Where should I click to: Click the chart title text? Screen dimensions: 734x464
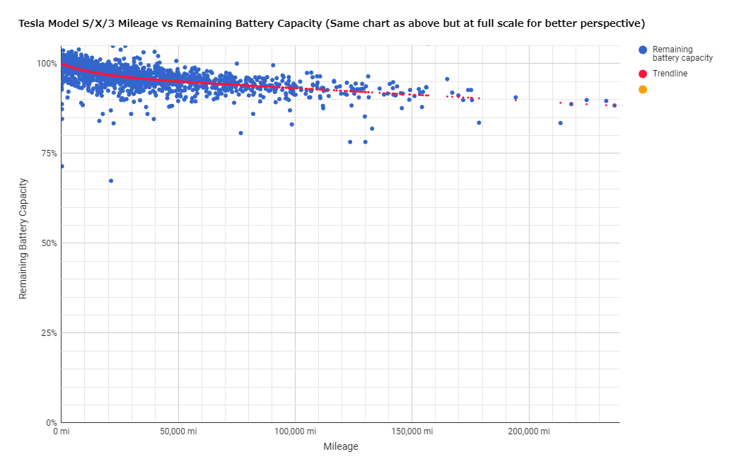click(x=332, y=23)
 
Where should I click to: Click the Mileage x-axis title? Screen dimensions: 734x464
click(x=341, y=447)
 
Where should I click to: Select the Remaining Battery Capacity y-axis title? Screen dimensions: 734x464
click(x=23, y=239)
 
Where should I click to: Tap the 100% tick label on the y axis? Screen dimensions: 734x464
click(x=47, y=64)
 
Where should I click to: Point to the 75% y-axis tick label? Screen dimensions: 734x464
click(x=49, y=153)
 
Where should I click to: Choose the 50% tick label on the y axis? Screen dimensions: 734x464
click(x=49, y=243)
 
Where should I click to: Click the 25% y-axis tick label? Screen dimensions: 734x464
click(x=49, y=333)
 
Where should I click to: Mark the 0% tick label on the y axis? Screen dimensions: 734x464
click(x=52, y=423)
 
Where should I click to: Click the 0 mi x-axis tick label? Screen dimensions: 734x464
click(x=62, y=431)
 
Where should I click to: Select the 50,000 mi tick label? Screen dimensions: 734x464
click(x=178, y=431)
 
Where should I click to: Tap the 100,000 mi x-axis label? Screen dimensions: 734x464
click(x=296, y=431)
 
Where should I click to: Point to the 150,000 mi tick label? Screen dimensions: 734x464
click(x=412, y=431)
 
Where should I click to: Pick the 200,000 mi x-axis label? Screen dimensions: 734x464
click(x=530, y=431)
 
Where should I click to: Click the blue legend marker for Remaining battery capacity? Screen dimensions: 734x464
click(x=643, y=50)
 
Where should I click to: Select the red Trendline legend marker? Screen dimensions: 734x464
click(x=643, y=74)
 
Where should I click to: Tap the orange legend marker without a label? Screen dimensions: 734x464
click(x=643, y=89)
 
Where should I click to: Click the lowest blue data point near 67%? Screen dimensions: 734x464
click(x=111, y=181)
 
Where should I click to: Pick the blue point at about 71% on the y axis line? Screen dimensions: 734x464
click(x=62, y=166)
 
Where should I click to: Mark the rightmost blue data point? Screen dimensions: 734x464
click(x=614, y=105)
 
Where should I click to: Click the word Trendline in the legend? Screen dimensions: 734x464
click(x=670, y=74)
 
